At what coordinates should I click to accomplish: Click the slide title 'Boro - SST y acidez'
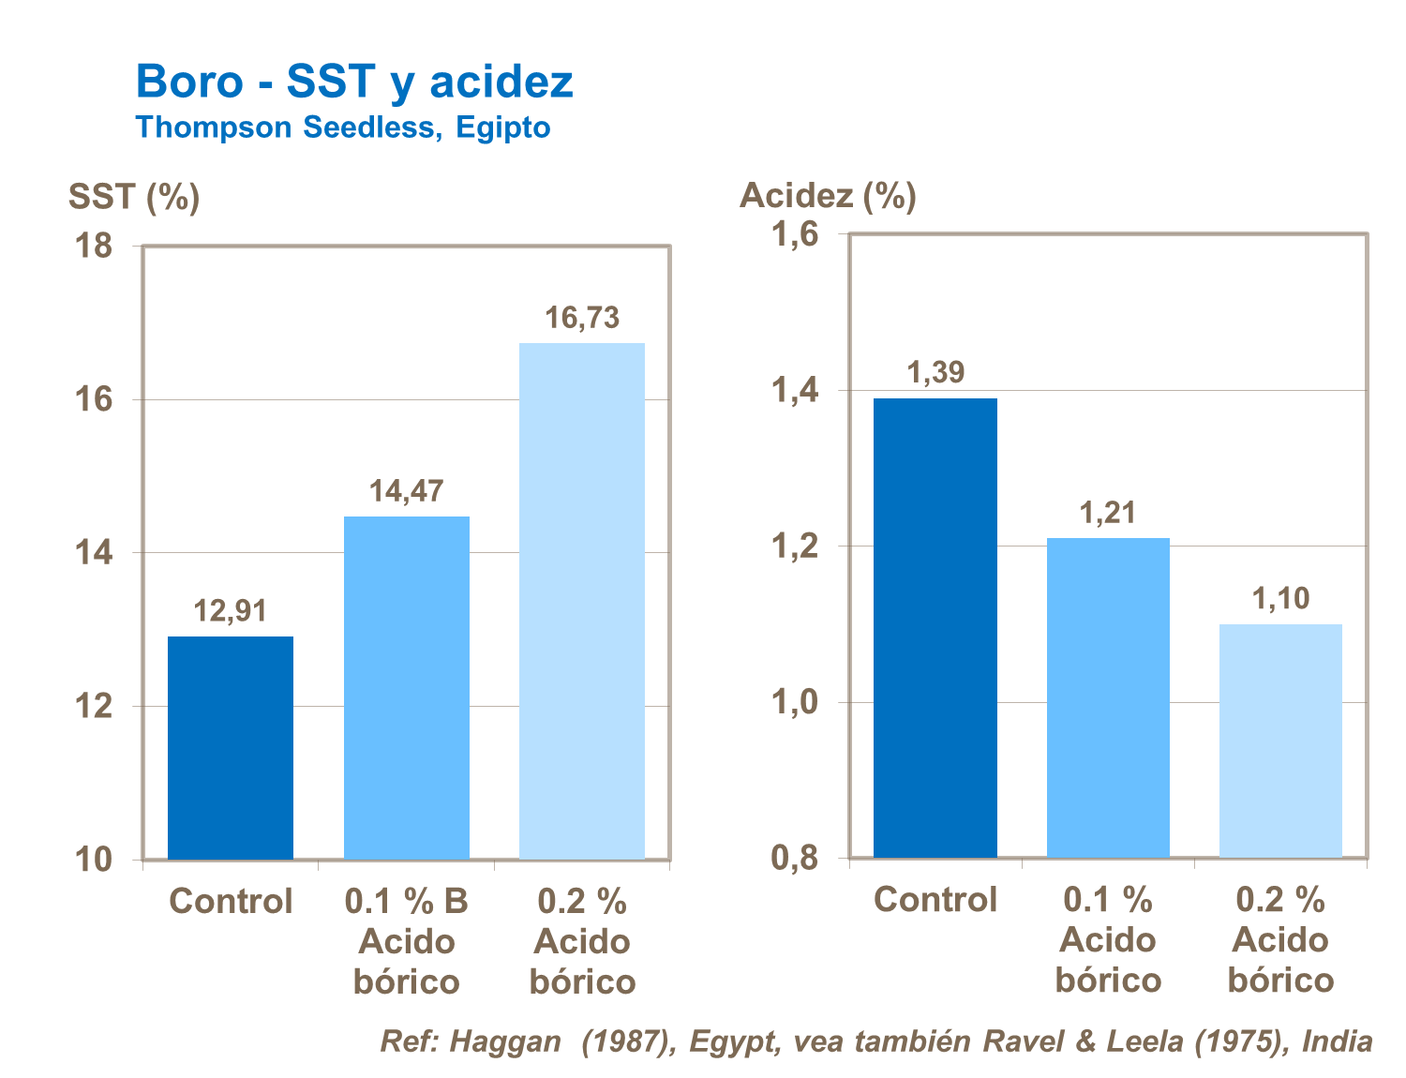[x=354, y=82]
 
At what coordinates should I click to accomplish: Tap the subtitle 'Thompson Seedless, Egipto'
[x=342, y=127]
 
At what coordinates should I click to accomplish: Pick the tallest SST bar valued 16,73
[x=582, y=600]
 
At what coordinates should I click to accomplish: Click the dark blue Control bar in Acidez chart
[x=935, y=627]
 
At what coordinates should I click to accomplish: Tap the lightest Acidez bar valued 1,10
[x=1280, y=740]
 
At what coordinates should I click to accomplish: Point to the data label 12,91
[x=231, y=611]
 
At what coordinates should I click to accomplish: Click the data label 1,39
[x=935, y=373]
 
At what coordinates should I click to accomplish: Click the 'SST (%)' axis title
[x=134, y=197]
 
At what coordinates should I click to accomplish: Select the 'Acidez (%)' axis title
[x=828, y=195]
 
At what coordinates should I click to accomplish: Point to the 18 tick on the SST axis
[x=93, y=247]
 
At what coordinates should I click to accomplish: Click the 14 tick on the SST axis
[x=93, y=553]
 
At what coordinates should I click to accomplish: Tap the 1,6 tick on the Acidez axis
[x=795, y=234]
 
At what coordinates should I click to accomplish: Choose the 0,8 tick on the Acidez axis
[x=795, y=858]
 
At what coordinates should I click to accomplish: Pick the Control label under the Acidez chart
[x=935, y=900]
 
